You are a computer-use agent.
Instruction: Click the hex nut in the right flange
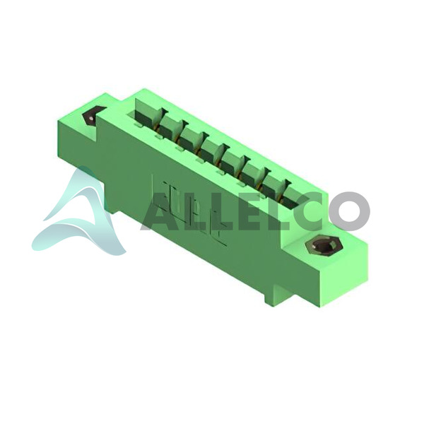[324, 246]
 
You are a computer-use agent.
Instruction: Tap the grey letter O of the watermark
[349, 211]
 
